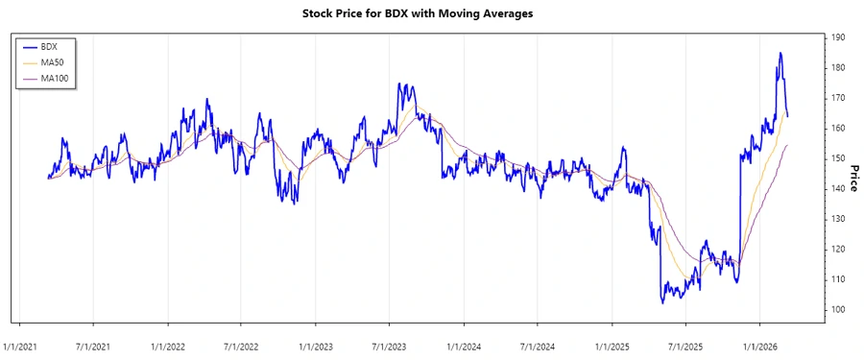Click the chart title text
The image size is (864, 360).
tap(431, 13)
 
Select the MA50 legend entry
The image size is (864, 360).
tap(56, 61)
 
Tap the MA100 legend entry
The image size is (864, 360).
tap(58, 78)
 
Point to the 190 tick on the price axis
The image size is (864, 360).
tap(838, 37)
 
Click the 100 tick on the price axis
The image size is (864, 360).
tap(838, 309)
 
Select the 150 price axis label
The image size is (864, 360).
tap(838, 158)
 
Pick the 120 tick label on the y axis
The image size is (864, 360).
tap(838, 249)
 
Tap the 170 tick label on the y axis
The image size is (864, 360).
tap(838, 98)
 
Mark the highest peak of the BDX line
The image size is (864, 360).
tap(780, 53)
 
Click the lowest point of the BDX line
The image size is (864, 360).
tap(662, 302)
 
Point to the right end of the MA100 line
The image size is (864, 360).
tap(787, 145)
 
